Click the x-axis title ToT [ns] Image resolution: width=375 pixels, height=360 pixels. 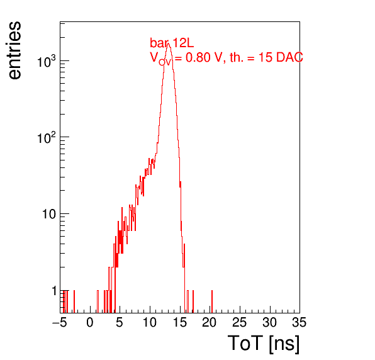[x=264, y=344]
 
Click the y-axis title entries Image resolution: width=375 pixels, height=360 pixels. [x=15, y=50]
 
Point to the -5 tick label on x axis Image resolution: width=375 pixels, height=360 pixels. [x=60, y=322]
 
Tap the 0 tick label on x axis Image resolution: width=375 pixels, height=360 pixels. [x=90, y=322]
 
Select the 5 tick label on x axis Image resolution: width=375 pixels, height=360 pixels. [x=120, y=322]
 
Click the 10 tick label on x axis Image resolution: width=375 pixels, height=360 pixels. [x=150, y=322]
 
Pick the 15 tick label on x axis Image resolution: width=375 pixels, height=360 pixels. [x=180, y=322]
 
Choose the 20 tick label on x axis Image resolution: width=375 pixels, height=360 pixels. [x=210, y=322]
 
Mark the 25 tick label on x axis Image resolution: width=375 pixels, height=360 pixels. [x=239, y=322]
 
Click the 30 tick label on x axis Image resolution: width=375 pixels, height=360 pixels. [x=269, y=322]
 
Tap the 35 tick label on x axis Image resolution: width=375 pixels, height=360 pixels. [x=299, y=322]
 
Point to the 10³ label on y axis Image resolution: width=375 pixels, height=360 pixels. [x=47, y=61]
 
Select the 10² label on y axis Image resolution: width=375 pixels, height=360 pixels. [x=47, y=137]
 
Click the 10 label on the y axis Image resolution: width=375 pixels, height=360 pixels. [x=49, y=214]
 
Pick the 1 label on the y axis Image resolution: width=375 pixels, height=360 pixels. [x=55, y=291]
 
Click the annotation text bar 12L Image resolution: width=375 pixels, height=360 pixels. [x=172, y=43]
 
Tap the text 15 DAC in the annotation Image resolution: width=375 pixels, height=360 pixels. [x=281, y=57]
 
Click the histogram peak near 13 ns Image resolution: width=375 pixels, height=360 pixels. [x=169, y=43]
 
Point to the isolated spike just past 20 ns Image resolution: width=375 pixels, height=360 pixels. [x=212, y=301]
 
